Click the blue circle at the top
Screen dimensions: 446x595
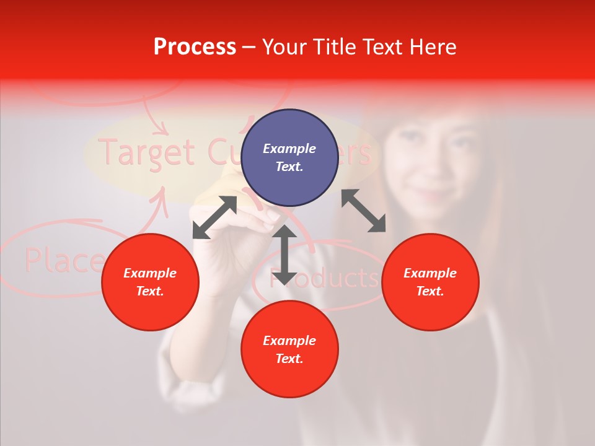[289, 157]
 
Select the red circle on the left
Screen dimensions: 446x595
[150, 282]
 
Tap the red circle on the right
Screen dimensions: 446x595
[430, 282]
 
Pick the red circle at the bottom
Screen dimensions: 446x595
[289, 349]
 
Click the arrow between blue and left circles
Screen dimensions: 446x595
[214, 217]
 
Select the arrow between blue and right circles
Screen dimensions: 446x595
[364, 211]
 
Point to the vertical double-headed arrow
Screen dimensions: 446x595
[284, 255]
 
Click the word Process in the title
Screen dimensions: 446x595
[195, 47]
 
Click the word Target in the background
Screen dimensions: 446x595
[148, 152]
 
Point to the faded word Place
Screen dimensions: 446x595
[62, 260]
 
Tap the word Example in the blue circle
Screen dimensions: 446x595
[289, 149]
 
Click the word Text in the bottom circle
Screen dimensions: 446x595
[289, 359]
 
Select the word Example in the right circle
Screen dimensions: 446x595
[430, 273]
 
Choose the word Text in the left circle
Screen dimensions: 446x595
[150, 291]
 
